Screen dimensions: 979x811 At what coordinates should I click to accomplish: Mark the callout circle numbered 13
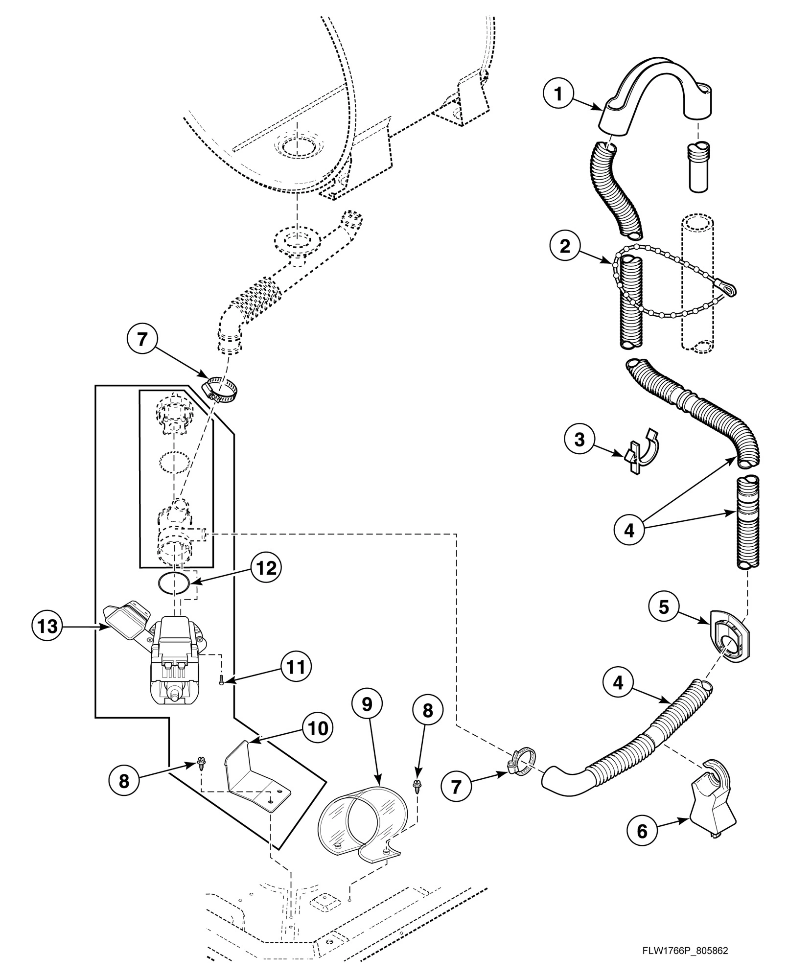48,626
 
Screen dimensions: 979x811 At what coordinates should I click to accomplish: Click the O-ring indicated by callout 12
173,583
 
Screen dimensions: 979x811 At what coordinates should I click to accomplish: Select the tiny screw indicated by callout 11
221,680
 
